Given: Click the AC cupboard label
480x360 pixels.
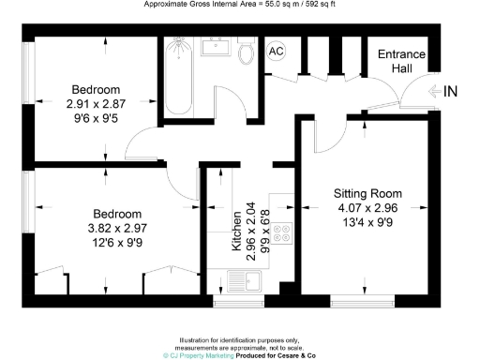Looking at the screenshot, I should tap(277, 52).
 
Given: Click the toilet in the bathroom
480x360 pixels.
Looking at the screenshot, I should tap(247, 52).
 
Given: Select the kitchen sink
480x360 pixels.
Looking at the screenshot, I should tap(247, 279).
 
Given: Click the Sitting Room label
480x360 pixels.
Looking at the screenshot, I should tap(367, 193).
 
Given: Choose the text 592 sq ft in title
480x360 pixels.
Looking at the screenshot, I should tap(320, 5).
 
